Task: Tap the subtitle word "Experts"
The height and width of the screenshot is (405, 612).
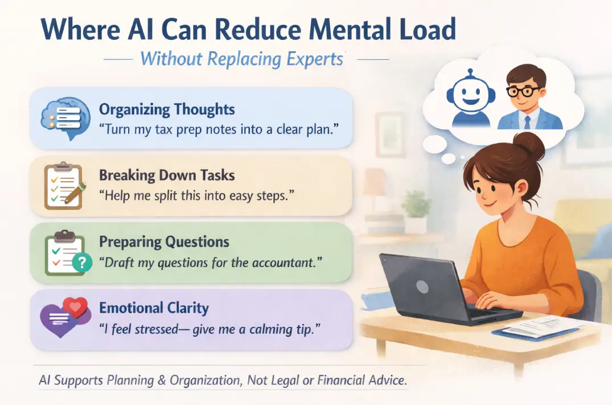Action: click(x=315, y=59)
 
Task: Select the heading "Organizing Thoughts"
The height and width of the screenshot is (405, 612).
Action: click(x=167, y=109)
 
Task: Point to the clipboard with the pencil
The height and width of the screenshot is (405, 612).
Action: click(x=64, y=186)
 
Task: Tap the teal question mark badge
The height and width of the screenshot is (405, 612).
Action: click(x=82, y=263)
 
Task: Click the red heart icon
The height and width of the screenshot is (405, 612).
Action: click(x=75, y=307)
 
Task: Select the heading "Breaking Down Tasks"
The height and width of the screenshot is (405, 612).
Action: click(x=167, y=175)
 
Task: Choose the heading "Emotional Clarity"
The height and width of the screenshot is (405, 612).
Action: click(x=154, y=308)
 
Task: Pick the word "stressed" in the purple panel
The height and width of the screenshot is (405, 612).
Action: click(x=156, y=329)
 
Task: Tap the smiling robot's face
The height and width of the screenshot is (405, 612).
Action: click(x=470, y=94)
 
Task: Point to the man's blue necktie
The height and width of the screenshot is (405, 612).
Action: click(x=527, y=122)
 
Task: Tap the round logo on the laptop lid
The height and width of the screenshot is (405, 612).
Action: click(x=422, y=287)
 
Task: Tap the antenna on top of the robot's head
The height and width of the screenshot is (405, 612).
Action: click(x=471, y=73)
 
